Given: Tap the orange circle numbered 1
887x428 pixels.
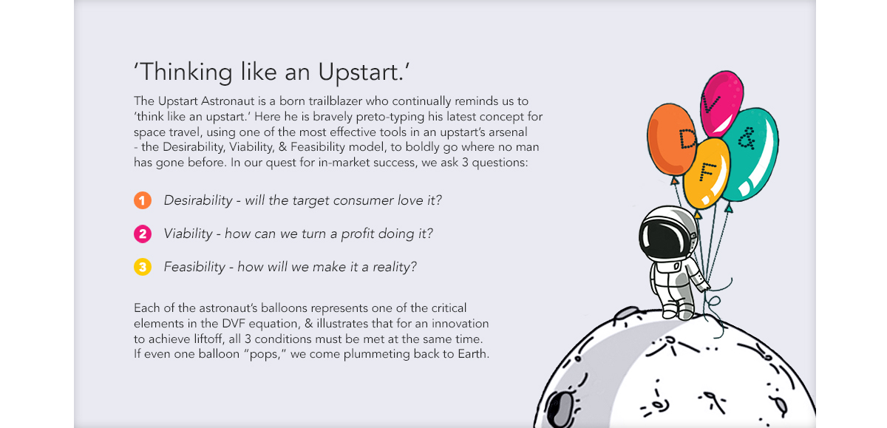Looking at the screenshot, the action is (143, 200).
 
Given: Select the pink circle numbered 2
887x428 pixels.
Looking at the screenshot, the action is (143, 234).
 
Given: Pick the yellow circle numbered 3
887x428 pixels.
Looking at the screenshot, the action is (143, 267).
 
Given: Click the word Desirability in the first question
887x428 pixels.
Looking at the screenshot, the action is (198, 200).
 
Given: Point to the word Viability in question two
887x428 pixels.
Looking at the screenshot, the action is (188, 234).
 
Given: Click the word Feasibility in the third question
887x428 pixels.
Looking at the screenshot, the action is (194, 267).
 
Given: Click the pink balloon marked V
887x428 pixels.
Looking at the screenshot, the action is (721, 103).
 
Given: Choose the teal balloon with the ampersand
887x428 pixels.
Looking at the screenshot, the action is (750, 154).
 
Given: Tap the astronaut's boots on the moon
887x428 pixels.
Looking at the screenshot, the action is (678, 313).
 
